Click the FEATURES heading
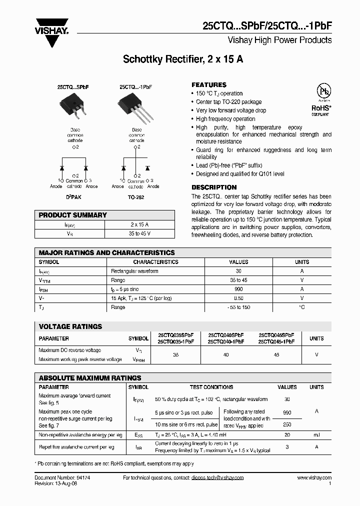tap(209, 85)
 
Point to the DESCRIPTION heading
tap(214, 187)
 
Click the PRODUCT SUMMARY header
tap(73, 215)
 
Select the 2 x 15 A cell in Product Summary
tap(140, 224)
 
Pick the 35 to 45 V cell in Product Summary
tap(140, 233)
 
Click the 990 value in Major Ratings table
tap(238, 289)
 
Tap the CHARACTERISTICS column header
tap(155, 262)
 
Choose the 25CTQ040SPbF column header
tap(226, 335)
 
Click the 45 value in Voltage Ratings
tap(276, 354)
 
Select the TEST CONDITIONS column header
tap(211, 387)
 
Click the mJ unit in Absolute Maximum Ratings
tap(316, 435)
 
